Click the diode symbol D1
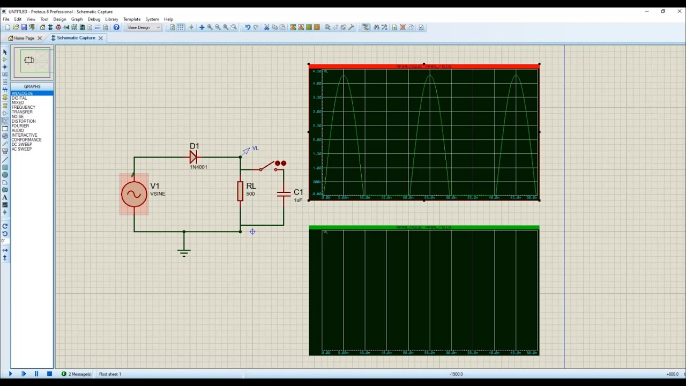click(x=193, y=157)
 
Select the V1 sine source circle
click(x=134, y=195)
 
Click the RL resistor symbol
click(x=240, y=191)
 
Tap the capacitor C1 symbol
click(x=284, y=194)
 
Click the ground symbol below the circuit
click(x=184, y=251)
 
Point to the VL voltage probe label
click(x=255, y=149)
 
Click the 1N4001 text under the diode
click(x=198, y=167)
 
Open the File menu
click(x=6, y=19)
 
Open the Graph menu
click(x=77, y=19)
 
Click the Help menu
click(x=168, y=19)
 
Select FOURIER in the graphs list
click(x=20, y=126)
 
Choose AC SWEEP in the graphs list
click(x=21, y=149)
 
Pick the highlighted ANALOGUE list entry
click(x=23, y=93)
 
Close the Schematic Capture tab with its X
click(x=101, y=38)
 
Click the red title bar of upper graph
click(x=423, y=66)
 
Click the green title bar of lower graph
click(x=423, y=228)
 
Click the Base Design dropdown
click(x=144, y=27)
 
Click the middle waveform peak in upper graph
click(x=430, y=76)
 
